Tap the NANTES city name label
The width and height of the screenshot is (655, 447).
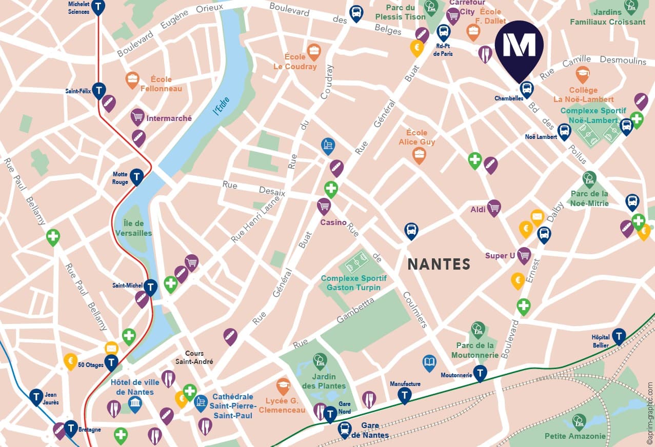(x=439, y=264)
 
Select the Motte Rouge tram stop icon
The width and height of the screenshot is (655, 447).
(x=136, y=177)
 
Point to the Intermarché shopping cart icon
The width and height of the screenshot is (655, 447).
(x=137, y=117)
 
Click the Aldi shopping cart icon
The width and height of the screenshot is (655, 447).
(x=493, y=207)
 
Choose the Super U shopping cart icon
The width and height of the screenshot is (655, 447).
(x=524, y=255)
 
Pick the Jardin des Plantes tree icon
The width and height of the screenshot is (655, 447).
(x=320, y=361)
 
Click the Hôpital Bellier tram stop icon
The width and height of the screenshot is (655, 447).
(x=619, y=336)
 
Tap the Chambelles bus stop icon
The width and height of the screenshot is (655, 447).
(x=526, y=89)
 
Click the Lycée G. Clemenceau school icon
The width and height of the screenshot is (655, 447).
(x=283, y=385)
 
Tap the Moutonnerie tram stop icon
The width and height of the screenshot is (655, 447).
(x=480, y=373)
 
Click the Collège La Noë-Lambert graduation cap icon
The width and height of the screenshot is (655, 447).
(x=582, y=74)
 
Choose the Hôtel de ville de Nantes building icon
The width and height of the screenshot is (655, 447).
(x=135, y=403)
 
